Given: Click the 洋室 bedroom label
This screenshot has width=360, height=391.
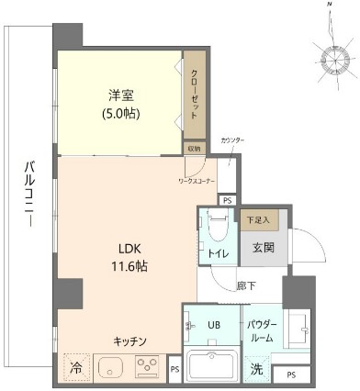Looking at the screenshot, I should (x=116, y=95).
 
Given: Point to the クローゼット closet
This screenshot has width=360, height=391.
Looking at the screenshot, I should (x=196, y=94).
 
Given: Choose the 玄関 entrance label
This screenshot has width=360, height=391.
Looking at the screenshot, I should (x=264, y=248).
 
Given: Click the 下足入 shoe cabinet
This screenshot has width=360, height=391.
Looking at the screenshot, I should (x=258, y=220).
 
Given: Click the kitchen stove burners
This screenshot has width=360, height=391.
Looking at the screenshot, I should (x=148, y=368).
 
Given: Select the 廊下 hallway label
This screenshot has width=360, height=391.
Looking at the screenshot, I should (x=246, y=285).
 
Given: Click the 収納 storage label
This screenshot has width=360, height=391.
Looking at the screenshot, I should (x=194, y=148).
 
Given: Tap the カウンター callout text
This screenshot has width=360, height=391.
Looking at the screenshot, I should (x=232, y=140).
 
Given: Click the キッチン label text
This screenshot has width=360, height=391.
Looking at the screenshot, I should (x=131, y=341).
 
